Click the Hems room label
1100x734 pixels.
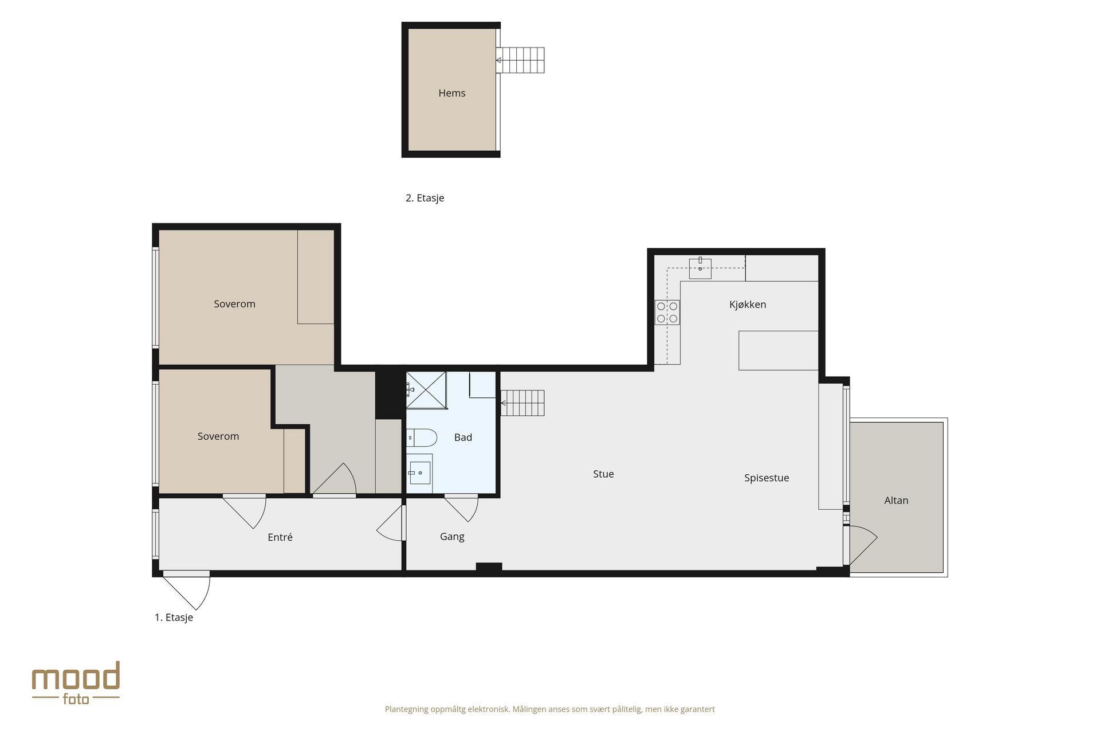click(x=451, y=93)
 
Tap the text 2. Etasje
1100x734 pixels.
click(x=425, y=198)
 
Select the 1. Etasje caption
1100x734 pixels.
click(x=174, y=618)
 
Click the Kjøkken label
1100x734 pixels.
click(x=748, y=304)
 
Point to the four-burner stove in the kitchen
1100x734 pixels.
click(x=667, y=313)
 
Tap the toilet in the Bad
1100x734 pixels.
click(x=422, y=438)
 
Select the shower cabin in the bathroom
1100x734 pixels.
click(x=426, y=390)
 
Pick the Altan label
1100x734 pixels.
click(x=896, y=501)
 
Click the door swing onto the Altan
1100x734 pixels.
click(x=862, y=545)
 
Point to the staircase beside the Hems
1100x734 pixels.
click(x=520, y=60)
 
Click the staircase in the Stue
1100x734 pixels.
click(x=522, y=403)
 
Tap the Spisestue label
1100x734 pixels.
click(x=767, y=478)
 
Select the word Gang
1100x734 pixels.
click(x=452, y=537)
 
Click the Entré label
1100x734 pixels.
click(x=280, y=537)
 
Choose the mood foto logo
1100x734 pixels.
click(x=76, y=683)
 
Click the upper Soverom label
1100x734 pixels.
click(x=234, y=304)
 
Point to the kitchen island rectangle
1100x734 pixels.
click(x=778, y=350)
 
